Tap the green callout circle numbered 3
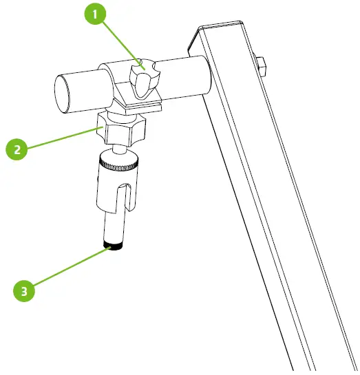point(25,290)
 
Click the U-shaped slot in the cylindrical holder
point(122,196)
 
